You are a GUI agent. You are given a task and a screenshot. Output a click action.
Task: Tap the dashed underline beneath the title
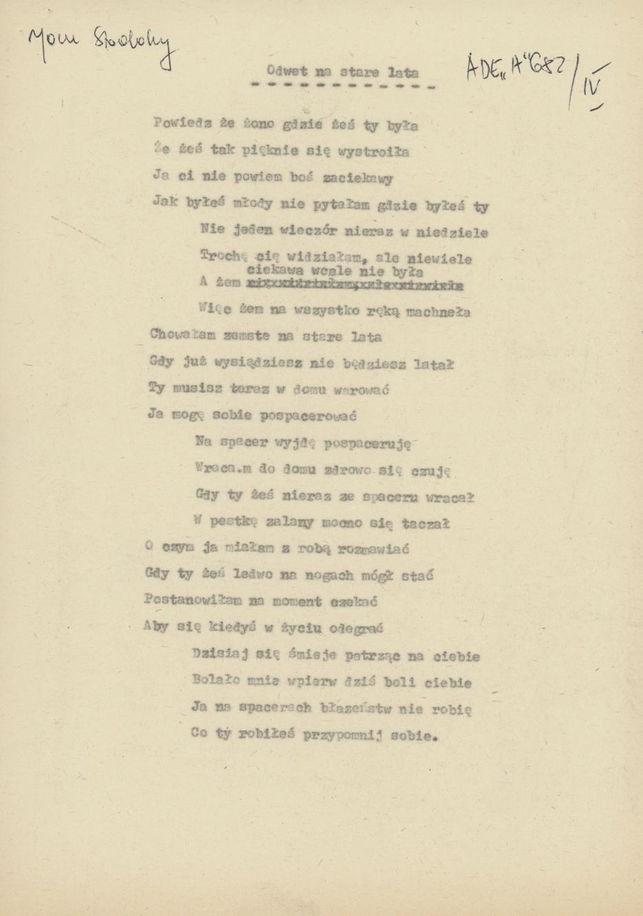pos(342,87)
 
